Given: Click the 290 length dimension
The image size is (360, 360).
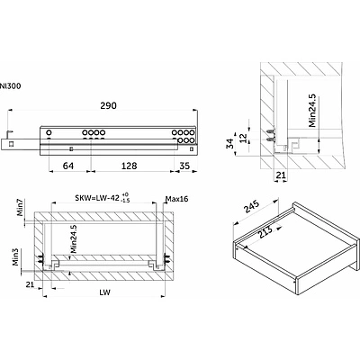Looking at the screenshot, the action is [108, 105].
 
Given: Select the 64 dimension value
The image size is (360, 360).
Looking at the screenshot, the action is [68, 166].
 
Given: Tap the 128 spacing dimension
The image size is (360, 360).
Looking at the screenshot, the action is [129, 166].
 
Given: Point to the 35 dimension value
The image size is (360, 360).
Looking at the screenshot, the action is [184, 166].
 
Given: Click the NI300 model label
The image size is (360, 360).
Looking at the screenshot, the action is [11, 86].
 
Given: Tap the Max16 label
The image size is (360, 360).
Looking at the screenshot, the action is [177, 199].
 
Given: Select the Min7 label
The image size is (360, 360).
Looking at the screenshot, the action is [20, 207].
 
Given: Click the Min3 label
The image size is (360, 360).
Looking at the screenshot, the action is [15, 257].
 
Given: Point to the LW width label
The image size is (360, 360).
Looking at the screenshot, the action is [104, 292].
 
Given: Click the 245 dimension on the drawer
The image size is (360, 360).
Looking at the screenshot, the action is [252, 207].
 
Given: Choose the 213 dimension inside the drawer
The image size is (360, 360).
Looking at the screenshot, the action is [265, 231].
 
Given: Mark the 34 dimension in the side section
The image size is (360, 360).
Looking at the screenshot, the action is [230, 143].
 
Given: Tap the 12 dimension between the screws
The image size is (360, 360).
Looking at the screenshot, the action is [244, 138].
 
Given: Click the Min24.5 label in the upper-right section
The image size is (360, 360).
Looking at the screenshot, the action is [312, 111].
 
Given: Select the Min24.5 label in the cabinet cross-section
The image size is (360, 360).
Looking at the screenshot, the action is [74, 239].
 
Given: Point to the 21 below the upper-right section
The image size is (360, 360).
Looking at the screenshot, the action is [281, 175].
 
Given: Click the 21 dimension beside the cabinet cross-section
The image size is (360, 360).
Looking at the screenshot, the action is [30, 284].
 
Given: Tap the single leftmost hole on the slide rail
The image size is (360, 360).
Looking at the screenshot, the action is [49, 132].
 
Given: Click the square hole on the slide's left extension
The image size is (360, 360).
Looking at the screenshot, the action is [11, 144].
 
